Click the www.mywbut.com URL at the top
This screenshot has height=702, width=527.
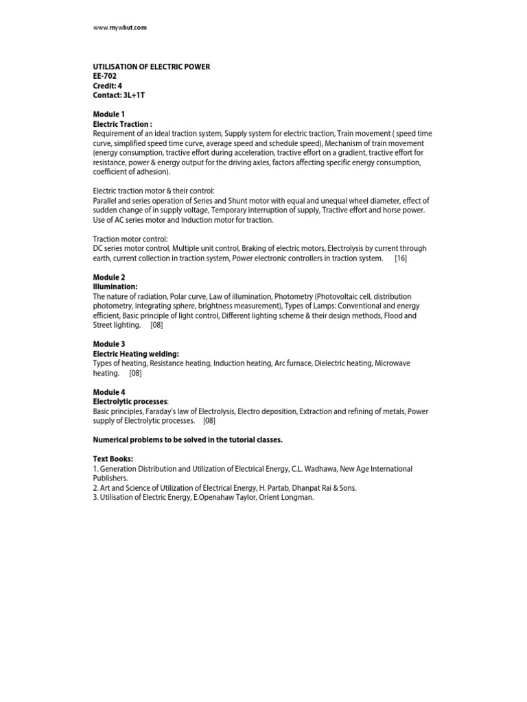(x=120, y=27)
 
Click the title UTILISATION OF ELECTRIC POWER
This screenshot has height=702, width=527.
(x=151, y=66)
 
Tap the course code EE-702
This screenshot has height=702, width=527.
(x=104, y=76)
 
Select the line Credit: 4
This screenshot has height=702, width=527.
(x=108, y=86)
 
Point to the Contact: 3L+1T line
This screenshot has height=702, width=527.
(x=119, y=95)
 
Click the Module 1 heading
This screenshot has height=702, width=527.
(x=108, y=114)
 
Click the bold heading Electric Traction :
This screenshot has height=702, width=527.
(x=122, y=123)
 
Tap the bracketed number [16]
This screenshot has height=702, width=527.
(x=401, y=258)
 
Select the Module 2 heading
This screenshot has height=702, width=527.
(x=108, y=277)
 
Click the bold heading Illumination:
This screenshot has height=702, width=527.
(x=115, y=287)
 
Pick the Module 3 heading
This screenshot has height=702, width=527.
(x=108, y=343)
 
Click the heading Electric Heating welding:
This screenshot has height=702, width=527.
(x=136, y=354)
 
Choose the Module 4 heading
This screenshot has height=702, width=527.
(x=108, y=391)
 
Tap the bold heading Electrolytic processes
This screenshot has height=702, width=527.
(x=130, y=401)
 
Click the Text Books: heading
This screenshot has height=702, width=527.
(x=113, y=459)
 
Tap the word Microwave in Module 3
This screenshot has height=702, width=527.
(x=393, y=363)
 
